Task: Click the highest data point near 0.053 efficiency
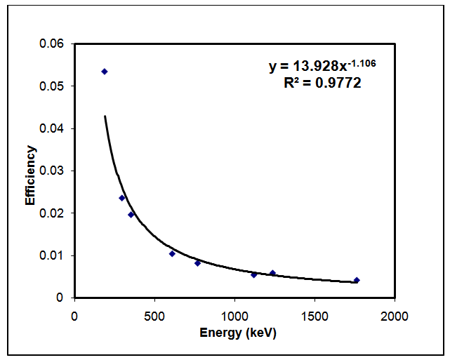(x=105, y=72)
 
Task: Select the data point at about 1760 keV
(x=357, y=280)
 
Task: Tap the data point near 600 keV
(x=172, y=253)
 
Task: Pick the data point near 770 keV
(x=198, y=262)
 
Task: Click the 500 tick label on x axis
(x=154, y=316)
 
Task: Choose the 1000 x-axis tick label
(x=234, y=316)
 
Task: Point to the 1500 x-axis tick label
(x=315, y=316)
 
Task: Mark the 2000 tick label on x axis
(x=395, y=316)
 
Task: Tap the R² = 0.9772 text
(x=323, y=83)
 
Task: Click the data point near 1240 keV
(x=272, y=273)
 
